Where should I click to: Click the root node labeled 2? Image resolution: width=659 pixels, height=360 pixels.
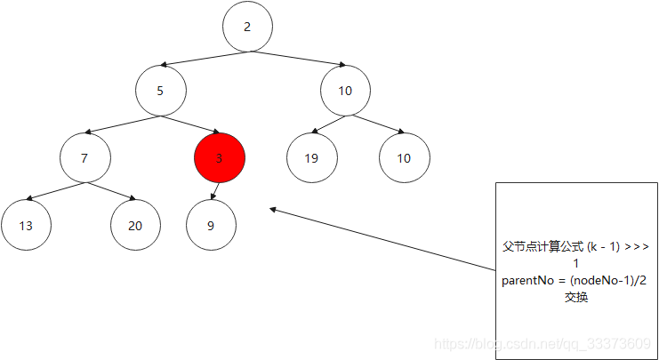click(247, 27)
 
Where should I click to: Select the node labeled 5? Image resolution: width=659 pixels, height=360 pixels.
click(161, 91)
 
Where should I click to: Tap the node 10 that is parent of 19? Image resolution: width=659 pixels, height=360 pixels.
click(345, 91)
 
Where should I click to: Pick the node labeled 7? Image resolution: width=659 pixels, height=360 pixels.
click(85, 158)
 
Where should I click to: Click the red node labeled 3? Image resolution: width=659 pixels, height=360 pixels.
click(219, 158)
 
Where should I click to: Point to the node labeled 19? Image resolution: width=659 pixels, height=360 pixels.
click(311, 158)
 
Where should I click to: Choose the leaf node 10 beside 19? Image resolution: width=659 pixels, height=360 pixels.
click(404, 158)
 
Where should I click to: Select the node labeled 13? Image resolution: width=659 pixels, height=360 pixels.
click(26, 225)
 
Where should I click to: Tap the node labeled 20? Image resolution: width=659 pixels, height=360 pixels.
click(135, 225)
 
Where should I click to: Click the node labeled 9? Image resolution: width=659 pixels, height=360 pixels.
click(211, 225)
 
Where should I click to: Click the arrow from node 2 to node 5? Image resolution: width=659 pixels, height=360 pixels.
click(205, 59)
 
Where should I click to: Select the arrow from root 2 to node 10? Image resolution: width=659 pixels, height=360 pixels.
click(297, 59)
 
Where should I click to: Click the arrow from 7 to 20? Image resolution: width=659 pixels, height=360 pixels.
click(110, 192)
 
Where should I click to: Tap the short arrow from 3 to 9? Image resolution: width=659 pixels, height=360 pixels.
click(215, 192)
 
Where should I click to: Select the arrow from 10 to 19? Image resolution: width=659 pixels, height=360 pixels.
click(328, 124)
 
